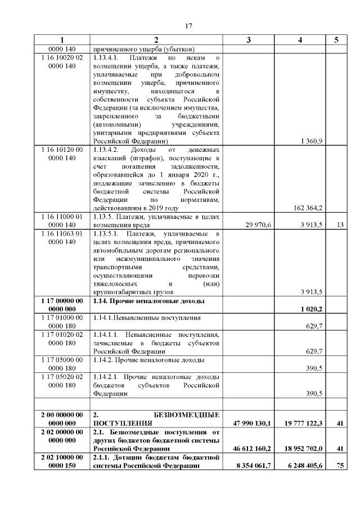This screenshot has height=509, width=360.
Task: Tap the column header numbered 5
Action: pos(336,40)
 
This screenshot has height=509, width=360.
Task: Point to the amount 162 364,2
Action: pos(308,208)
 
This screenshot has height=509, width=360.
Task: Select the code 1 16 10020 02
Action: pos(62,57)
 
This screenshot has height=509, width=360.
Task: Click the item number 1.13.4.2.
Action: pos(107,150)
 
